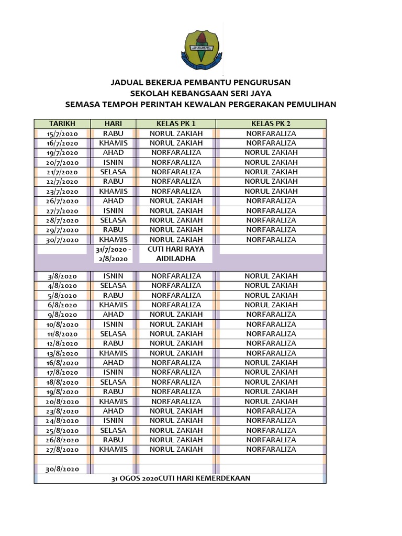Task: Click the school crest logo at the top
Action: [x=202, y=51]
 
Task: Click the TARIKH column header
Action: [x=62, y=124]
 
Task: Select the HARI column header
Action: [x=113, y=124]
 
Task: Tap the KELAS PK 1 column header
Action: [x=176, y=124]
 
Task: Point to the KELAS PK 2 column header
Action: [x=271, y=124]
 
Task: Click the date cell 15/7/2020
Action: [x=62, y=133]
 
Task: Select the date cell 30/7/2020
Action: [x=62, y=240]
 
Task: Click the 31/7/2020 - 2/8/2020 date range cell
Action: [x=113, y=254]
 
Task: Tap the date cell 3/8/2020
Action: [x=62, y=276]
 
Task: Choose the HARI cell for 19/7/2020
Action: [x=113, y=153]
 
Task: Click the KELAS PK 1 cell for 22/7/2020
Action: [x=176, y=182]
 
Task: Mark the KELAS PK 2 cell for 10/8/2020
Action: [x=271, y=324]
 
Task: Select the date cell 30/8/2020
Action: [x=62, y=469]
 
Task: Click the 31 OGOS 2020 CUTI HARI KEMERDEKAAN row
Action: [x=181, y=478]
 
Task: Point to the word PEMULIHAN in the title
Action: [x=310, y=104]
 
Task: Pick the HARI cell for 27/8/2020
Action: [x=113, y=450]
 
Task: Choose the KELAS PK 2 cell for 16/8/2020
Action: [x=271, y=363]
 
